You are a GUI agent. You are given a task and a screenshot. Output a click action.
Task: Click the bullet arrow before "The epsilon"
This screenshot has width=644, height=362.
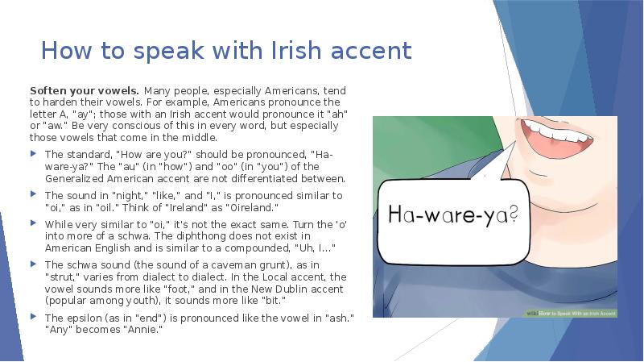(x=34, y=318)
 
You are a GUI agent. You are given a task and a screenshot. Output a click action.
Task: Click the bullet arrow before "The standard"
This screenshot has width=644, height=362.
(x=34, y=154)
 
